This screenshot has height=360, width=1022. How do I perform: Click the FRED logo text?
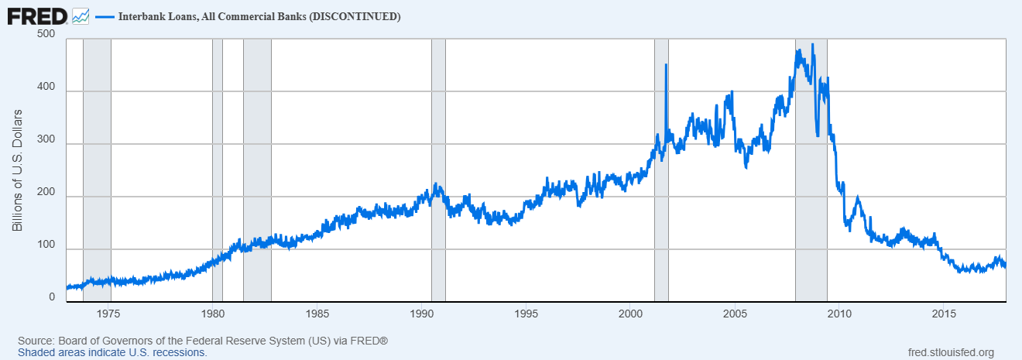pyautogui.click(x=37, y=17)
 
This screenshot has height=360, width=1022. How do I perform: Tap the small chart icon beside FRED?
pyautogui.click(x=81, y=17)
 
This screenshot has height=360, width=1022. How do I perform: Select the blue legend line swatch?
pyautogui.click(x=105, y=17)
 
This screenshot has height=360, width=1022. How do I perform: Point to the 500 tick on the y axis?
pyautogui.click(x=46, y=34)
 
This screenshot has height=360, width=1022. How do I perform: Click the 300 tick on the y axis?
pyautogui.click(x=46, y=139)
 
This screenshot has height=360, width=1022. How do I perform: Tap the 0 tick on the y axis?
pyautogui.click(x=52, y=297)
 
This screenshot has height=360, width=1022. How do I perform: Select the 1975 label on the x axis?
pyautogui.click(x=108, y=314)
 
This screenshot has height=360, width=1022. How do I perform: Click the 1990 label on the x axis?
pyautogui.click(x=422, y=314)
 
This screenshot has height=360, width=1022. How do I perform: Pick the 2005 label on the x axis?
pyautogui.click(x=735, y=314)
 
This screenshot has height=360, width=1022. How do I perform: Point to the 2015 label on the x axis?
pyautogui.click(x=944, y=314)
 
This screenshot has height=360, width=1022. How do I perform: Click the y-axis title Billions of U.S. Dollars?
pyautogui.click(x=17, y=170)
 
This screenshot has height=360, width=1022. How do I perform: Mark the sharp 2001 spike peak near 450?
pyautogui.click(x=666, y=64)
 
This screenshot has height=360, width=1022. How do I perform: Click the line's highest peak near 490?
pyautogui.click(x=813, y=44)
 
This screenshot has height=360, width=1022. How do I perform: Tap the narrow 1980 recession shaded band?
pyautogui.click(x=217, y=170)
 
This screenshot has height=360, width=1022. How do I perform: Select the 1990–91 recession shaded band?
pyautogui.click(x=438, y=170)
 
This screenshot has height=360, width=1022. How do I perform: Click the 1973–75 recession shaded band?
pyautogui.click(x=98, y=170)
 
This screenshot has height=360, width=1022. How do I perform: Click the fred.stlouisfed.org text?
pyautogui.click(x=951, y=353)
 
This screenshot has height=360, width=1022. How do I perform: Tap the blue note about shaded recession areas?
pyautogui.click(x=112, y=353)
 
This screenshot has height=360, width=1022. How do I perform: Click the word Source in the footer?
pyautogui.click(x=36, y=341)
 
